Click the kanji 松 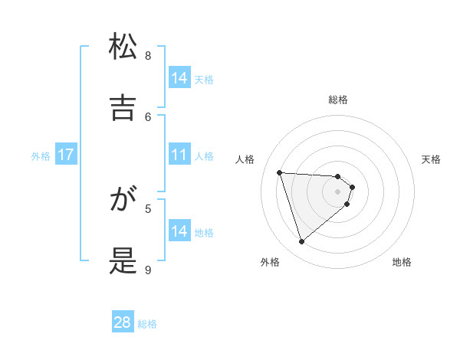coord(123,47)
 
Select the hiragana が coord(123,201)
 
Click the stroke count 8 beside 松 coord(148,55)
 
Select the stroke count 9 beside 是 coord(148,270)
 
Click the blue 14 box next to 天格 coord(179,78)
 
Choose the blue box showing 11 coord(179,155)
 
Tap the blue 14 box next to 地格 coord(179,231)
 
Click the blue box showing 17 coord(66,155)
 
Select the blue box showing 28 coord(123,322)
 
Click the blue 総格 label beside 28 coord(147,324)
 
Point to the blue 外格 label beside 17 coord(41,156)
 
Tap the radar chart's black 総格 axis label coord(338,100)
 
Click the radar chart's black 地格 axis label coord(402,262)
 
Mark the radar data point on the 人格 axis coord(280,172)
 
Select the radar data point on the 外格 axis coord(301,242)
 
